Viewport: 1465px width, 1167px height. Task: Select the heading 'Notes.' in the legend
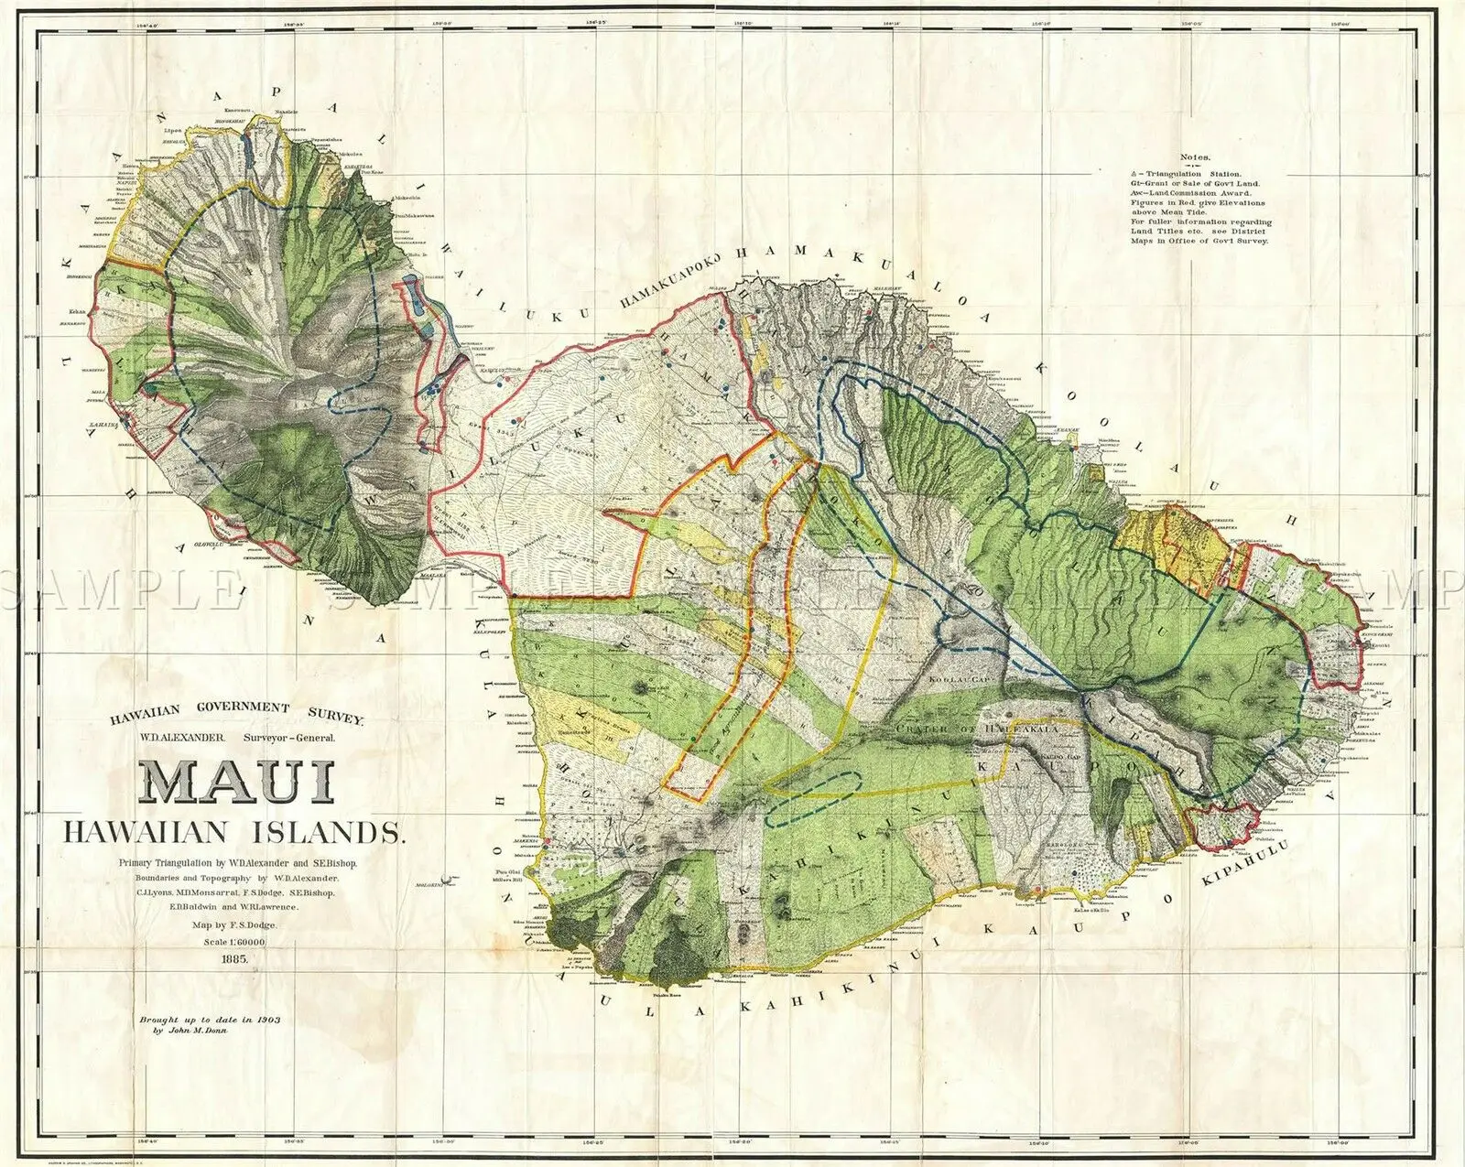(x=1195, y=157)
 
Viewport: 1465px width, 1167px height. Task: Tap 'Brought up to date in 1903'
(x=210, y=1018)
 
